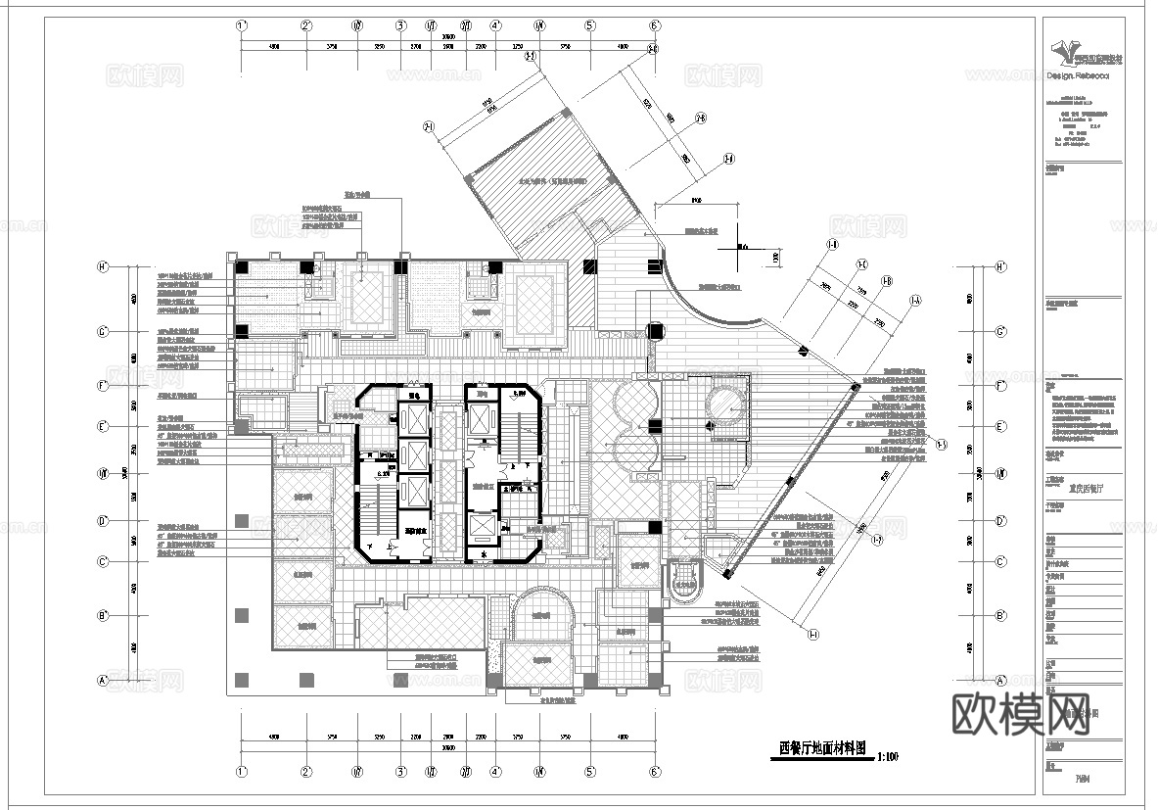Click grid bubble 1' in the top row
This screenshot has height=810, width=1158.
(x=242, y=26)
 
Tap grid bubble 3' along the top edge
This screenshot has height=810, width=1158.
(x=400, y=26)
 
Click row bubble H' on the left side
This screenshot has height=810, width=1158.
(x=101, y=266)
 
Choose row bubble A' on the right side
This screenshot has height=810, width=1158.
(x=1000, y=680)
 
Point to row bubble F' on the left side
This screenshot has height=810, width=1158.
(x=101, y=387)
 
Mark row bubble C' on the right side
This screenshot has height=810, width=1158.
(x=1000, y=561)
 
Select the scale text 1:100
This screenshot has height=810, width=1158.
(x=888, y=756)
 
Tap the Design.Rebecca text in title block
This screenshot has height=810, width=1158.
(x=1078, y=76)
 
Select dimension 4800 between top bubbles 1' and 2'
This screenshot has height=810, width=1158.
(x=274, y=46)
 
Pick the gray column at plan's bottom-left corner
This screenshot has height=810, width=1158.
(x=242, y=677)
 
